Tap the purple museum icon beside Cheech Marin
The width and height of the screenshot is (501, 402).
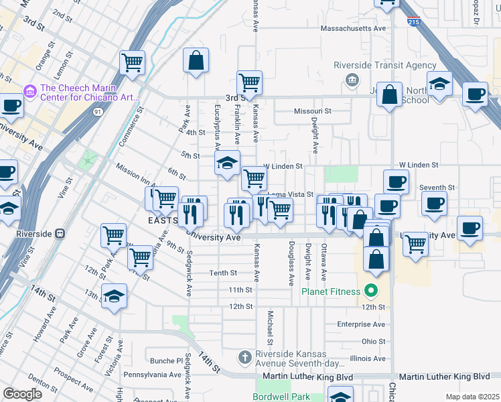click(x=29, y=90)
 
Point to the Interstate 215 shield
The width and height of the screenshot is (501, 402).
click(x=413, y=22)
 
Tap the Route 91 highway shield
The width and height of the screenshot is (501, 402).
click(x=98, y=112)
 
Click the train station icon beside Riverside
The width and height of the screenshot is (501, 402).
click(x=60, y=234)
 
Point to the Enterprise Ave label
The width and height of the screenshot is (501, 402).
click(x=361, y=324)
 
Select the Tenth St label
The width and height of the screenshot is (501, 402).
click(x=223, y=273)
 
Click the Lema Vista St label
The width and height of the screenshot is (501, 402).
click(x=291, y=194)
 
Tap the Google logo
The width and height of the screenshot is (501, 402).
click(x=22, y=394)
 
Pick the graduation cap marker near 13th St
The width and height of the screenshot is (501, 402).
click(x=114, y=295)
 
